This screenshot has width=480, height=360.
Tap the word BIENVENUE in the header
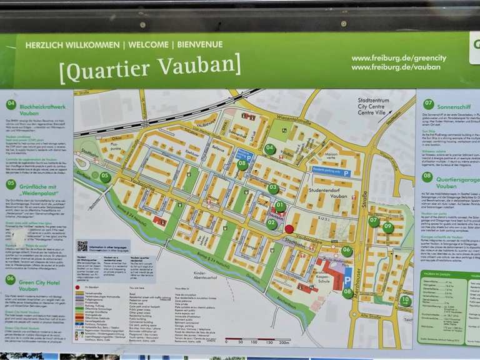pyautogui.click(x=199, y=45)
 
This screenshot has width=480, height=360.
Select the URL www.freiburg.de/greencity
pyautogui.click(x=399, y=58)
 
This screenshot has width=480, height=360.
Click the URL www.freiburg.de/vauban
pyautogui.click(x=396, y=67)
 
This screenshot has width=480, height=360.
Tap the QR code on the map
pyautogui.click(x=82, y=246)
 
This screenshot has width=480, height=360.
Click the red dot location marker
pyautogui.click(x=289, y=229)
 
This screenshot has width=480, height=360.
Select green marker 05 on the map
pyautogui.click(x=105, y=177)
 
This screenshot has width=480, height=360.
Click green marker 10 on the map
pyautogui.click(x=406, y=301)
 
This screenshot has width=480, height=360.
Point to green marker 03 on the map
pyautogui.click(x=273, y=188)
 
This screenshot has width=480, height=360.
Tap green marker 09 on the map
pyautogui.click(x=387, y=227)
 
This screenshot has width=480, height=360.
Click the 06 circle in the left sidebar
pyautogui.click(x=11, y=279)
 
